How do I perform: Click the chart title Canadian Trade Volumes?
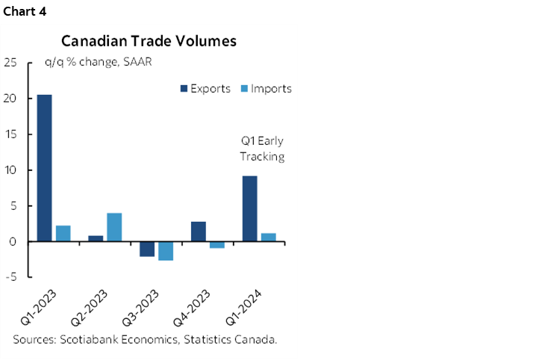[149, 41]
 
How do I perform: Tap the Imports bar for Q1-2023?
[63, 233]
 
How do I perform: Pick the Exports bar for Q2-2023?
[96, 238]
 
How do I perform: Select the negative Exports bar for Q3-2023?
[147, 249]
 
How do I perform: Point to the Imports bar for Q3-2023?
[165, 251]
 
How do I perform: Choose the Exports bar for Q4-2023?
[199, 232]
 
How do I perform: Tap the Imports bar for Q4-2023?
[216, 244]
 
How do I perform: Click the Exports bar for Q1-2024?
[250, 208]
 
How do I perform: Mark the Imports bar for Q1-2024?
[269, 238]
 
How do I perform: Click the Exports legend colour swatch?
[183, 88]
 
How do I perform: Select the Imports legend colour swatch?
[243, 88]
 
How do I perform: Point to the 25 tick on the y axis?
[11, 63]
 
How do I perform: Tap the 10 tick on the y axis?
[11, 170]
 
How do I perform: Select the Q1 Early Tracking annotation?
[262, 149]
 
